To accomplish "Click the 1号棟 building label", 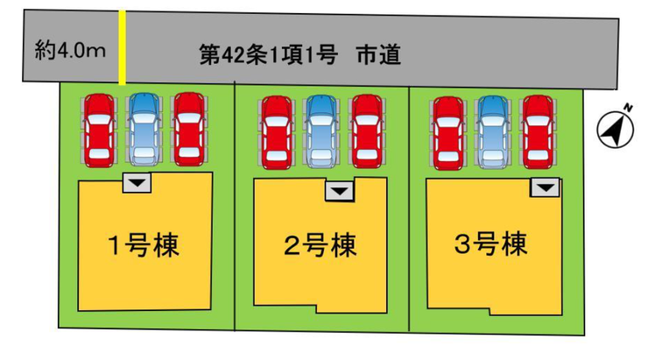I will click(144, 244).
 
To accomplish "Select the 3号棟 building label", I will click(491, 244).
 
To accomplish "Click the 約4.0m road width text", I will click(71, 50).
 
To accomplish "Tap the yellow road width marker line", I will click(122, 49).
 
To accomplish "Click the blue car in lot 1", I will click(144, 128).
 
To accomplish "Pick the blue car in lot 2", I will click(321, 131).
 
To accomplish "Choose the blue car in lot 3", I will click(493, 131).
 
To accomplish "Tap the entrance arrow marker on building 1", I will click(137, 182).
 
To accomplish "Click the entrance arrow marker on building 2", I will click(340, 191).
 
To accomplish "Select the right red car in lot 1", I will click(188, 128).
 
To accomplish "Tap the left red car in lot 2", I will click(277, 131).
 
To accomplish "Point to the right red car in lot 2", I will click(366, 131).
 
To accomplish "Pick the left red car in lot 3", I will click(448, 131).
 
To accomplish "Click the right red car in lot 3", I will click(538, 131).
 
